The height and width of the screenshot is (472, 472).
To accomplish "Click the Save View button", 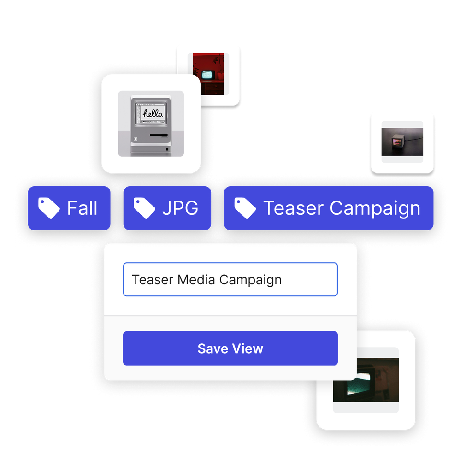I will [230, 348].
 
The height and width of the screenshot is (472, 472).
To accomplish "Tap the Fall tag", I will [69, 208].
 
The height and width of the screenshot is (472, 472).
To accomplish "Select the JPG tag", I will [167, 208].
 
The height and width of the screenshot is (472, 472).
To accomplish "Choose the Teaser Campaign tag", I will [328, 208].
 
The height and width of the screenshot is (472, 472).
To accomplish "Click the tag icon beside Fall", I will [49, 208].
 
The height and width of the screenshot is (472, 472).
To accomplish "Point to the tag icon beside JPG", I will [144, 208].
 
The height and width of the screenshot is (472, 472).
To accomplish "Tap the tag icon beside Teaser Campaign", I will [245, 208].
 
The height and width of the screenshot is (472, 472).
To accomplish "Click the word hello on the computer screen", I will [151, 113].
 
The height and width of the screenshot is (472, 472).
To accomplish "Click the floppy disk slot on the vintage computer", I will [158, 136].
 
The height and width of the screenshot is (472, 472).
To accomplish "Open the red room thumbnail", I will [208, 74].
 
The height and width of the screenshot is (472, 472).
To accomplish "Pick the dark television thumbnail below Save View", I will [366, 380].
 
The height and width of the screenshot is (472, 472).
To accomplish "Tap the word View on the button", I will [248, 348].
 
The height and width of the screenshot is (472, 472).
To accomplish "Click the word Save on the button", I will [212, 348].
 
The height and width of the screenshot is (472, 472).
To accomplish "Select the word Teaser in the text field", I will [153, 279].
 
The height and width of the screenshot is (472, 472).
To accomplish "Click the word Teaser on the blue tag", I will [294, 208].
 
